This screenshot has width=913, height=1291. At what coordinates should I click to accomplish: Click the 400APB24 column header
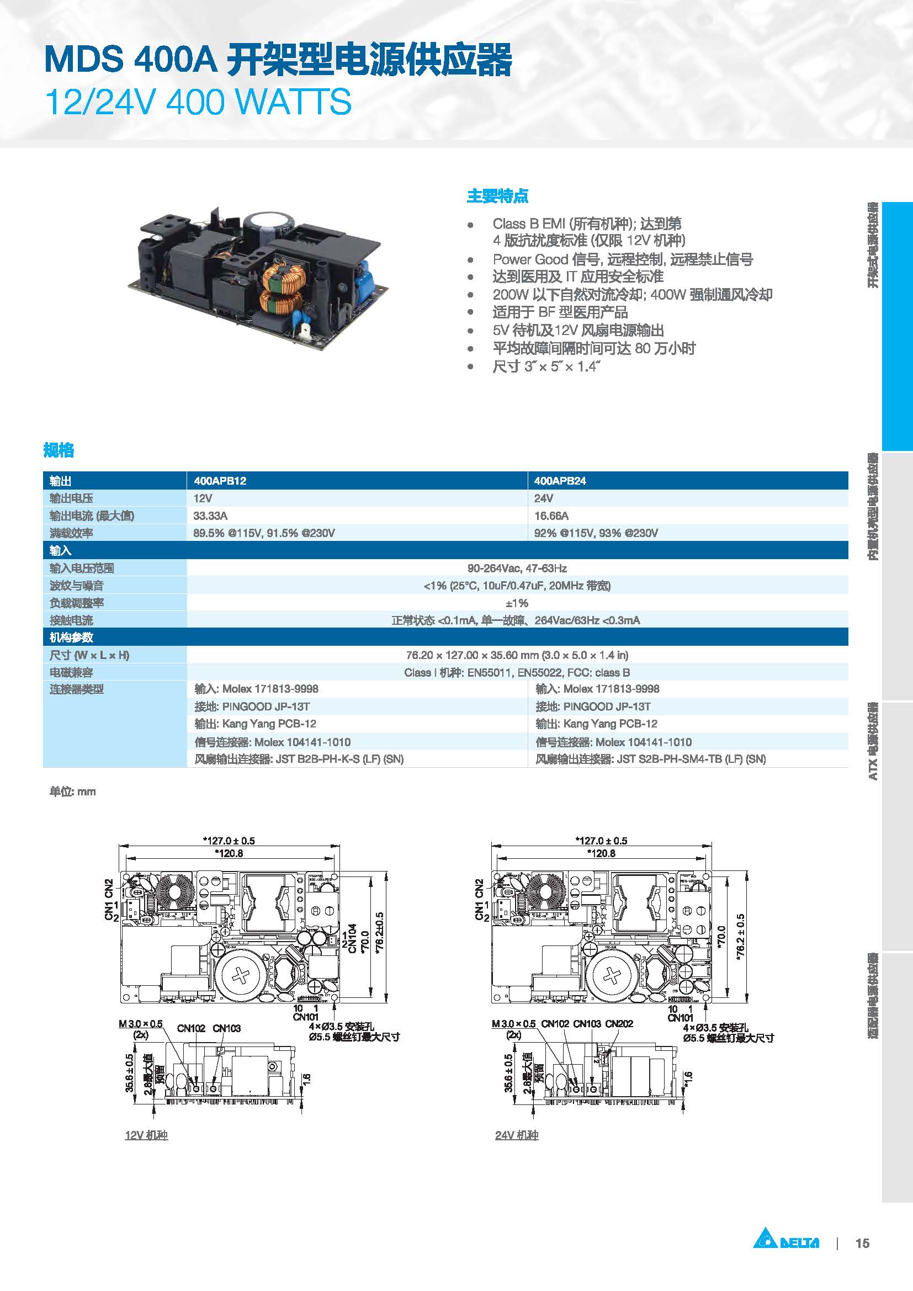coord(560,481)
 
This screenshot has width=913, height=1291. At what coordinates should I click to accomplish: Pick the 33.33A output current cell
coord(210,516)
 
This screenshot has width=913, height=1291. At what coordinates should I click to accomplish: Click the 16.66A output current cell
coord(551,516)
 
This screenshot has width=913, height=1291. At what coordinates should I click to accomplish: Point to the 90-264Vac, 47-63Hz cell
coord(517,568)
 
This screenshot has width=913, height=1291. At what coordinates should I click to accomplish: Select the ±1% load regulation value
coord(517,603)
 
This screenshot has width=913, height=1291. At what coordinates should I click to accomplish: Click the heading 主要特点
coord(497,196)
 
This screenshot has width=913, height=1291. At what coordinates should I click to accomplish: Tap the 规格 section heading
coord(59,450)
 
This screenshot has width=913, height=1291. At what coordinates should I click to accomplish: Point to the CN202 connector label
coord(619,1024)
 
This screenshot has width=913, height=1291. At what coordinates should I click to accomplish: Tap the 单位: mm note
coord(72,791)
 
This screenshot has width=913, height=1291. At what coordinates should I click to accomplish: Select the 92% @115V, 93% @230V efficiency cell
coord(596,533)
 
